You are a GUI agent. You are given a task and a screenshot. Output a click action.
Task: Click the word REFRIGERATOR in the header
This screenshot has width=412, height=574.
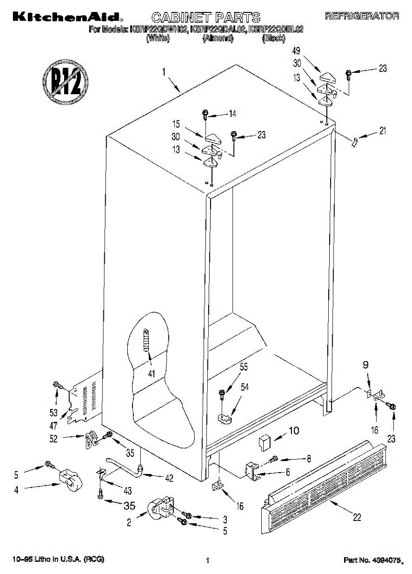tap(362, 16)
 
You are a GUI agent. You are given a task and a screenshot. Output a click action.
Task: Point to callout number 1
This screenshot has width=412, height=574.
tap(164, 73)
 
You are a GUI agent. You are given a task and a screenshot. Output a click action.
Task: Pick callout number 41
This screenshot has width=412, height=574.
tap(152, 374)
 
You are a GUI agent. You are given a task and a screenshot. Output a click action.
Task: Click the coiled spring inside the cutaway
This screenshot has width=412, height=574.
tap(146, 340)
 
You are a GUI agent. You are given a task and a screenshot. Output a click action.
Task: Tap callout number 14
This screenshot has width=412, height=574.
tap(233, 114)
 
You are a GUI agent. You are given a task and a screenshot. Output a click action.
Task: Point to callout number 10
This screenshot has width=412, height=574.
tap(293, 430)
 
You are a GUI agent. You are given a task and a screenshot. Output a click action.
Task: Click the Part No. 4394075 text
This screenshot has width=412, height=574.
tap(372, 560)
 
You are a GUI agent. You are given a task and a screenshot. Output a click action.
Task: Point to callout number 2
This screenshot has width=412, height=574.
tap(129, 523)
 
